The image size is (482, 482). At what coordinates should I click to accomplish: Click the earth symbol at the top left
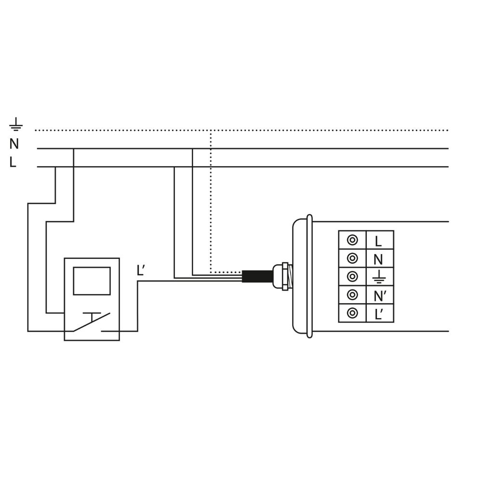point(16,124)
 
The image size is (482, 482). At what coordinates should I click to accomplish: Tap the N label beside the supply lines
point(14,144)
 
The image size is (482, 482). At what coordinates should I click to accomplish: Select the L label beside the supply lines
point(13,162)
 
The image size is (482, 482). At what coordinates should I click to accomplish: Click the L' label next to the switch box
point(140,270)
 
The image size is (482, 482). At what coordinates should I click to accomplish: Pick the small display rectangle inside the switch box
point(92,281)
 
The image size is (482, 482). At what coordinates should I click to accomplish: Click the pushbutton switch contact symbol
point(92,322)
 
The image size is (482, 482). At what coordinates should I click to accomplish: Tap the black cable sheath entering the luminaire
point(257,276)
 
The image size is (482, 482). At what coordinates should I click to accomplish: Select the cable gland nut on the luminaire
point(285,276)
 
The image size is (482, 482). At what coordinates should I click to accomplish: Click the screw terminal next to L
point(352,240)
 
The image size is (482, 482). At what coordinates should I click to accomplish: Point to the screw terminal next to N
point(352,258)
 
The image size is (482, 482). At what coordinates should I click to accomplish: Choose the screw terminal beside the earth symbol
point(352,276)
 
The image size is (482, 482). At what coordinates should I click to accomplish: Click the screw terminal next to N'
point(352,295)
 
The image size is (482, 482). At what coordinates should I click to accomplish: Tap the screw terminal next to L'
point(352,313)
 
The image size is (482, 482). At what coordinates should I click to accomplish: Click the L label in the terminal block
point(378,241)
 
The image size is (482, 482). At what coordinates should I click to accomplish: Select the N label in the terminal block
point(378,260)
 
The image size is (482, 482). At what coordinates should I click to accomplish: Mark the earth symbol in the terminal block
point(379,277)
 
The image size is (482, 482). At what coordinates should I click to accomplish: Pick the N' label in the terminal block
point(380,296)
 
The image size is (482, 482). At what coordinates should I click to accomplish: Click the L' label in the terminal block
point(379,314)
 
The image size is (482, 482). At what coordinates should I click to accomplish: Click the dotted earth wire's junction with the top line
point(211,130)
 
